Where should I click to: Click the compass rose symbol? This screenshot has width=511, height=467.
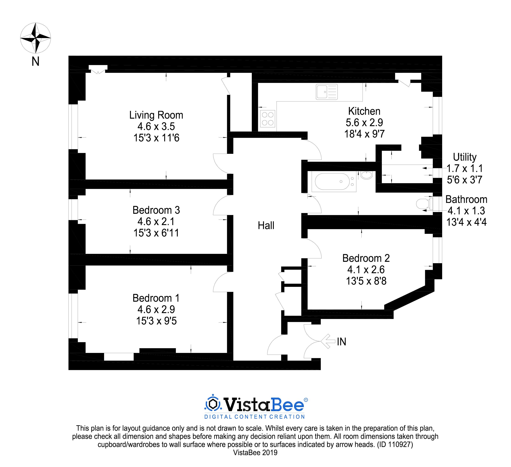pyautogui.click(x=36, y=38)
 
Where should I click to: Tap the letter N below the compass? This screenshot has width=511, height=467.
pyautogui.click(x=36, y=61)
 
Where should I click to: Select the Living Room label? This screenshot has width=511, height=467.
pyautogui.click(x=156, y=115)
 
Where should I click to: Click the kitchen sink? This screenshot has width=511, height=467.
pyautogui.click(x=327, y=92)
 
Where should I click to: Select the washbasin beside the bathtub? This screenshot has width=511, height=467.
pyautogui.click(x=367, y=175)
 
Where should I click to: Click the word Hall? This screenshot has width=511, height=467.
pyautogui.click(x=266, y=225)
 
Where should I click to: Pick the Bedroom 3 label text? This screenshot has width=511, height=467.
pyautogui.click(x=156, y=210)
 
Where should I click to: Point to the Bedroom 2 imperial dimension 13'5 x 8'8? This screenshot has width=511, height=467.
pyautogui.click(x=366, y=281)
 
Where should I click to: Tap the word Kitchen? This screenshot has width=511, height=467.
pyautogui.click(x=364, y=111)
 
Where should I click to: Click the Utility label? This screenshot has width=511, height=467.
pyautogui.click(x=465, y=157)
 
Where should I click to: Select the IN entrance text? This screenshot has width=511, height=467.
pyautogui.click(x=341, y=342)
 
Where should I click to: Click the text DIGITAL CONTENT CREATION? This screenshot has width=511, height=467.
pyautogui.click(x=254, y=417)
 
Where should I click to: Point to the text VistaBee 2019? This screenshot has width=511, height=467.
pyautogui.click(x=255, y=453)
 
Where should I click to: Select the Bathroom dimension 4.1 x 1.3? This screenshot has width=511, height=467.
pyautogui.click(x=466, y=211)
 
